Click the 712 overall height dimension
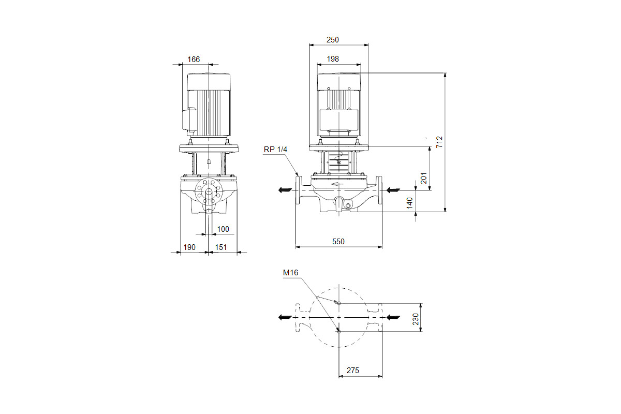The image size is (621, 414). tap(439, 142)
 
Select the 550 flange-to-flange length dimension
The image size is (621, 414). tap(338, 242)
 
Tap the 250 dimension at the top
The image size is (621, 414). tap(332, 40)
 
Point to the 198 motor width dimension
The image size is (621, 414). tap(333, 59)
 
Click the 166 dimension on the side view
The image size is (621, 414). tap(194, 60)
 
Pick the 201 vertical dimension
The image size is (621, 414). tap(424, 178)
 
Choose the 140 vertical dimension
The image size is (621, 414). tap(409, 203)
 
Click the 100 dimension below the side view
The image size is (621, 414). tap(223, 229)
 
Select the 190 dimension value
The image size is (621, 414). tap(189, 247)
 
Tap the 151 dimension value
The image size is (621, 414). tap(220, 247)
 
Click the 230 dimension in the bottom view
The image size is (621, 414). tap(415, 319)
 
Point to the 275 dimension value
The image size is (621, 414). tap(352, 371)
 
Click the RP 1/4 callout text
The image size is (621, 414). tap(275, 150)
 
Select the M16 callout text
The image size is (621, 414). tap(290, 273)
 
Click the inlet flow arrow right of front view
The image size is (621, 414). tap(393, 190)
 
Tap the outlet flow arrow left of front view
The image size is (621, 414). tap(285, 190)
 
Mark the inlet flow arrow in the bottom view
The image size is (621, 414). tap(393, 317)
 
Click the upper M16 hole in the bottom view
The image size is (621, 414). tap(339, 303)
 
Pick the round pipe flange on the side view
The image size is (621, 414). tap(209, 191)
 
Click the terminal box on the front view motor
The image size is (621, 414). tap(339, 120)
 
